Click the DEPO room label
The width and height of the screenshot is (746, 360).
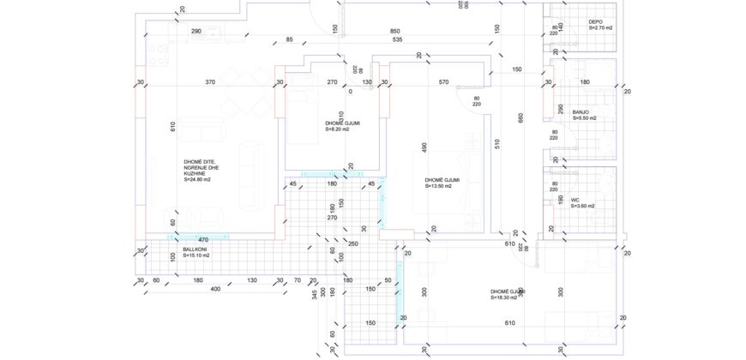(x=596, y=21)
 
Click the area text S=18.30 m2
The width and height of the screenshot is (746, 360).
(x=508, y=298)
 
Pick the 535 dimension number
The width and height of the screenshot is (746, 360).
(x=397, y=39)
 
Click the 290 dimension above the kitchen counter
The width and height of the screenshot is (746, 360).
(x=196, y=31)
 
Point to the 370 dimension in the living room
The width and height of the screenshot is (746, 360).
(x=210, y=82)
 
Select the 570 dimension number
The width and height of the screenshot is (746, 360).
(x=443, y=82)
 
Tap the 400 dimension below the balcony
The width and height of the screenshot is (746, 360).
(x=215, y=289)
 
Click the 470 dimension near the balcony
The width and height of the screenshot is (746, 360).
(x=204, y=240)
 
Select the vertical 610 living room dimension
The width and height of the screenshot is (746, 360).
(x=172, y=127)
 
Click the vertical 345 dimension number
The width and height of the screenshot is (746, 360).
(x=315, y=294)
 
